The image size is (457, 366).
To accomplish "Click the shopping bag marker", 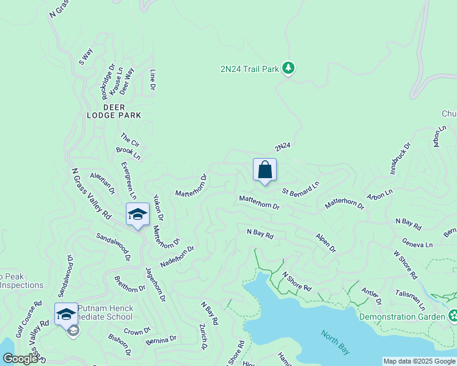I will coord(265,170).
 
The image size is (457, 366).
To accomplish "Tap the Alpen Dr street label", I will coord(326,242).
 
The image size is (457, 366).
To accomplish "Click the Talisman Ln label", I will coord(409,298).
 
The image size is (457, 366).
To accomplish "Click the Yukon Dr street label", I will coord(158,207).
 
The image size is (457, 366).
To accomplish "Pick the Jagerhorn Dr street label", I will coord(156,284).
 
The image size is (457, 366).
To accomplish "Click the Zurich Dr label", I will coord(203,337).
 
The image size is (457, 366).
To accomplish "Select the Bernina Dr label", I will coord(161,339).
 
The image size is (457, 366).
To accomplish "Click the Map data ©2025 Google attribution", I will coord(419,361).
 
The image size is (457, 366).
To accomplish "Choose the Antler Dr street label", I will coord(371,296).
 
